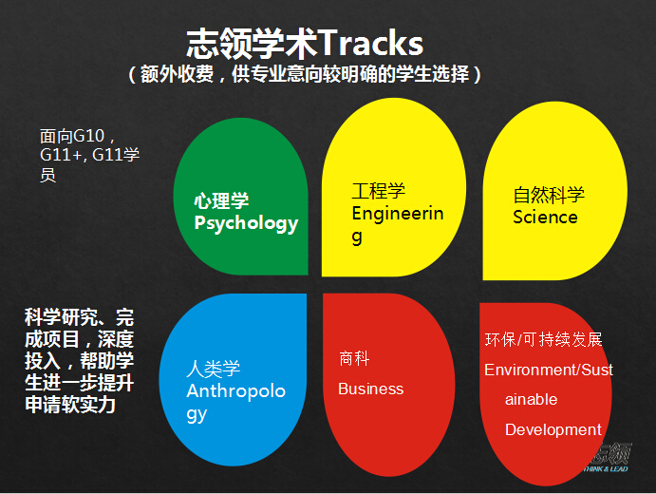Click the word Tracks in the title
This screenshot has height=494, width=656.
click(x=371, y=43)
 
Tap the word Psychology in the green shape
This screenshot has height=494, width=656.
click(x=246, y=223)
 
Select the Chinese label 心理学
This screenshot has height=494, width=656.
click(x=221, y=200)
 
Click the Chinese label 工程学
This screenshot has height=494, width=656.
click(x=379, y=191)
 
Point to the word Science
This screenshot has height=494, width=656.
click(x=545, y=218)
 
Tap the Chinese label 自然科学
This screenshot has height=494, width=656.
click(x=549, y=195)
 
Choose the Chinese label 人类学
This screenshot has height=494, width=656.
click(x=214, y=369)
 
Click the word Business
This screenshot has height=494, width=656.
click(x=370, y=389)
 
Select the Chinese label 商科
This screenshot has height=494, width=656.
click(x=354, y=359)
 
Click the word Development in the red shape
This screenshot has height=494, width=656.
click(x=553, y=430)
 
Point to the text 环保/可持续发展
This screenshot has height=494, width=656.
click(x=543, y=339)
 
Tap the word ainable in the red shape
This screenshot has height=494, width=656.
click(x=532, y=399)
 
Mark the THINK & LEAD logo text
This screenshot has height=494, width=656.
click(x=606, y=469)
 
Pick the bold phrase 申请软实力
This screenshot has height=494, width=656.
click(x=70, y=405)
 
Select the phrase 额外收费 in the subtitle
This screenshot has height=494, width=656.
click(x=177, y=74)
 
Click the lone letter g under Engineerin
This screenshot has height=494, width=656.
click(x=357, y=237)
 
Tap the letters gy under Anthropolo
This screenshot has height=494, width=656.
click(x=197, y=415)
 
